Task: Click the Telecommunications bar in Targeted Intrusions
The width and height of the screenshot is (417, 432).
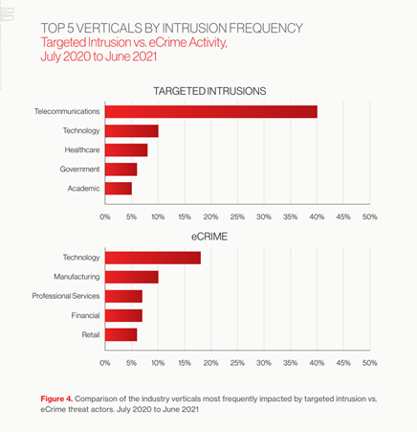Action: (211, 112)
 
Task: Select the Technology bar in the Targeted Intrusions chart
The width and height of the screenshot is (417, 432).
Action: (132, 131)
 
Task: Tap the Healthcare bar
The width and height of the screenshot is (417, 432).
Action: (126, 150)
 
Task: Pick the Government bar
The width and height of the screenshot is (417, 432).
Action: (121, 170)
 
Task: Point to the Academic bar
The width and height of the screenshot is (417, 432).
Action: (119, 189)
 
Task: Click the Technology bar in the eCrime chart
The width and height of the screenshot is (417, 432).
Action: (153, 258)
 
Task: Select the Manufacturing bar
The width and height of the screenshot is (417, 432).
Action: (132, 277)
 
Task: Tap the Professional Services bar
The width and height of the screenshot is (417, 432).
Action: (123, 296)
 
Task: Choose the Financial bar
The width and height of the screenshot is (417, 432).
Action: (123, 315)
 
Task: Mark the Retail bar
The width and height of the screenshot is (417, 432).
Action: (121, 334)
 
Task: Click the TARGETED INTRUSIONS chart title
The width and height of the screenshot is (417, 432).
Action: (209, 91)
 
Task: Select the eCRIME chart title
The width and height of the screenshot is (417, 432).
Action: (209, 237)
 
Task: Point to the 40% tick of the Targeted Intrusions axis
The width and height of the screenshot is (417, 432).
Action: (317, 217)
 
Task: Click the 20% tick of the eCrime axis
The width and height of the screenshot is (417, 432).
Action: (210, 363)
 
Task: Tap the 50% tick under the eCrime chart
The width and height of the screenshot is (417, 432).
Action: (370, 363)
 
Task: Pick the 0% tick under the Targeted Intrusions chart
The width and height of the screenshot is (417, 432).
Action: (105, 217)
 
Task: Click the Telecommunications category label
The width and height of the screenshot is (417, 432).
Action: (67, 111)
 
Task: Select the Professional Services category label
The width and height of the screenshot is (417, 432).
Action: (66, 296)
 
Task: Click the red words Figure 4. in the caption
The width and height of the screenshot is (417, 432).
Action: (56, 398)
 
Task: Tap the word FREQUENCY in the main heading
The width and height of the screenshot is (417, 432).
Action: (266, 28)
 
